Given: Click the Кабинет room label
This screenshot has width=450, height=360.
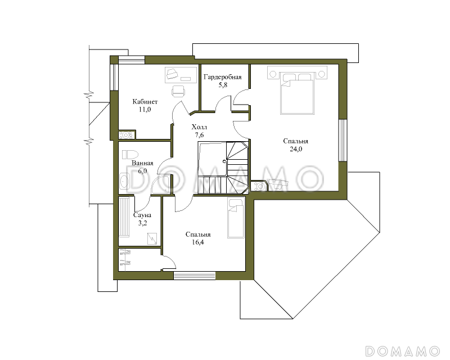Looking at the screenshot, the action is (x=145, y=102).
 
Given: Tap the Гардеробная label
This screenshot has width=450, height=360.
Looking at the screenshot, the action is (x=222, y=77).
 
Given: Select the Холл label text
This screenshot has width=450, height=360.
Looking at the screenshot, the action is (x=199, y=127).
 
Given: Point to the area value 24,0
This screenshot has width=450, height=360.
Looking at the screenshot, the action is (x=296, y=149).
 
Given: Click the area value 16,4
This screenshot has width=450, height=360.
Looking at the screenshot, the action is (x=198, y=242).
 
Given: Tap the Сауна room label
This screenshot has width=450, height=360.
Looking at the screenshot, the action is (x=142, y=215).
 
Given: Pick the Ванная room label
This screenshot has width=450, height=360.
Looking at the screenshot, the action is (x=142, y=163).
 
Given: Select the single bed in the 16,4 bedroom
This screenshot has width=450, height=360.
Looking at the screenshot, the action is (x=236, y=218).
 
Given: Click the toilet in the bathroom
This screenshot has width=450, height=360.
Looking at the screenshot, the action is (x=130, y=155).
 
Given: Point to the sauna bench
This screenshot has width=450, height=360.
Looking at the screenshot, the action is (x=124, y=217).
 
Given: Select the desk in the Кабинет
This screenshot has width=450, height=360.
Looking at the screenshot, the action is (x=181, y=75).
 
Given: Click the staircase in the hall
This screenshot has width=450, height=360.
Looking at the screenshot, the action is (x=223, y=168).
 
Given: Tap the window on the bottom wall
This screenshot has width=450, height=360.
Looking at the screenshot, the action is (x=195, y=276).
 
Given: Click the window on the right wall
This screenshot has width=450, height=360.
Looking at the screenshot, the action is (x=343, y=141).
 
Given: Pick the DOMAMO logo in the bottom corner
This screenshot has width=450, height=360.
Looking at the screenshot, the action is (x=402, y=351).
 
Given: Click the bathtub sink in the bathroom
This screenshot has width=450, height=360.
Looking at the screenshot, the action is (x=124, y=181).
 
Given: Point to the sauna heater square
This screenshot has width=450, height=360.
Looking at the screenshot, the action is (x=152, y=238).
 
